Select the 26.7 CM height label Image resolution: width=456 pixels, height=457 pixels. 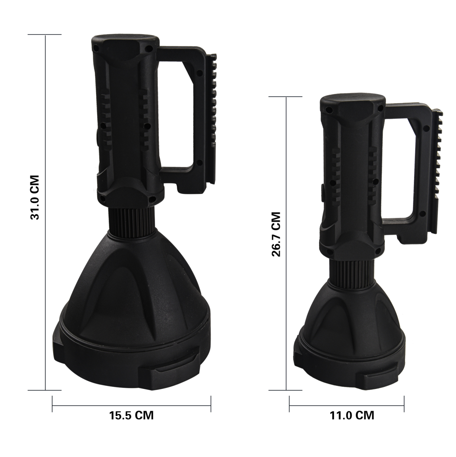click(276, 235)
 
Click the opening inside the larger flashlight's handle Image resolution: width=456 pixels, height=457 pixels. click(178, 112)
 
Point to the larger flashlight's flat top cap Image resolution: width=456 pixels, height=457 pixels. click(125, 40)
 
